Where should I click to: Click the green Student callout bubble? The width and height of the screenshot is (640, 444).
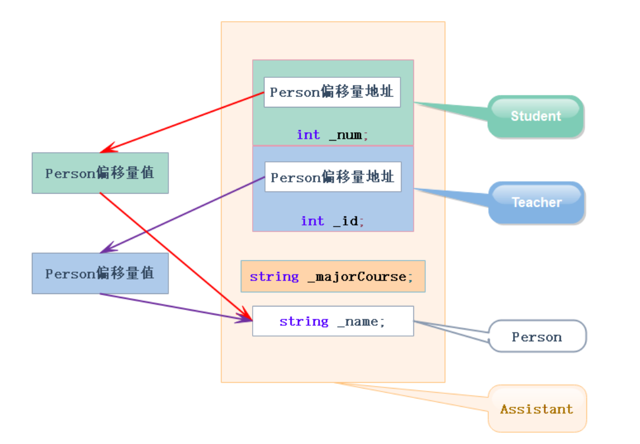coord(535,116)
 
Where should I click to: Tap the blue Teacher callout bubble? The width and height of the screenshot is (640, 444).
coord(536,203)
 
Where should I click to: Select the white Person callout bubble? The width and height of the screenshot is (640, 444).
coord(537,337)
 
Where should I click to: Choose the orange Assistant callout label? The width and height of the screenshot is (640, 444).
coord(537,409)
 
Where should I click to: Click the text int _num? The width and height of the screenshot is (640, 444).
coord(332,135)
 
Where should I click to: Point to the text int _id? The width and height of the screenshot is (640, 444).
coord(332,221)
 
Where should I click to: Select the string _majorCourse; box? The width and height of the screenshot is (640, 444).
coord(332,276)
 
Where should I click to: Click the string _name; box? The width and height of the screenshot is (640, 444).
coord(332,321)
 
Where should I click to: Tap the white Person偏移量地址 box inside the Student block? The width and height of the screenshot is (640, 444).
coord(332,92)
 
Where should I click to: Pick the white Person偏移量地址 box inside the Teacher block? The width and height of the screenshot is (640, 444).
coord(332,177)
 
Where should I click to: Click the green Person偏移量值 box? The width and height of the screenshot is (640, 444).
coord(100,173)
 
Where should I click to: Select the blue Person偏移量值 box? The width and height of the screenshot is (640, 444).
coord(100,273)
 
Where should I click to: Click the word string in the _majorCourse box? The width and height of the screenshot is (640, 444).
coord(274,276)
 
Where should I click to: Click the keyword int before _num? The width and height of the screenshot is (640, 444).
coord(308,135)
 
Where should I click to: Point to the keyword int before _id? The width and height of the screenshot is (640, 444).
coord(312,221)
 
